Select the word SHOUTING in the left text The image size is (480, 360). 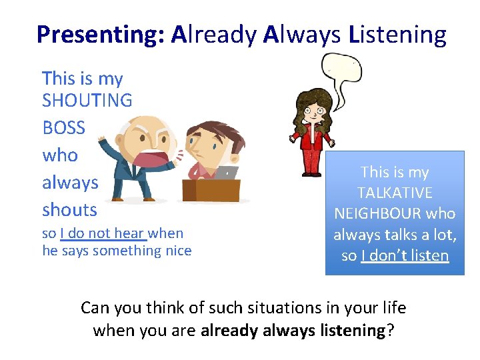87,101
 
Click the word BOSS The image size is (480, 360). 64,127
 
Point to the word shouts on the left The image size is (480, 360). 69,209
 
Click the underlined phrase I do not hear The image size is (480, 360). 103,233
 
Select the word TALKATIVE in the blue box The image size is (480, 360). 395,193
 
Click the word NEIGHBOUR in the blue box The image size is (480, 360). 395,213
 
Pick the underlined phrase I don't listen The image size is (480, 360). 405,255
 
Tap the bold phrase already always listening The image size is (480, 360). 293,329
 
